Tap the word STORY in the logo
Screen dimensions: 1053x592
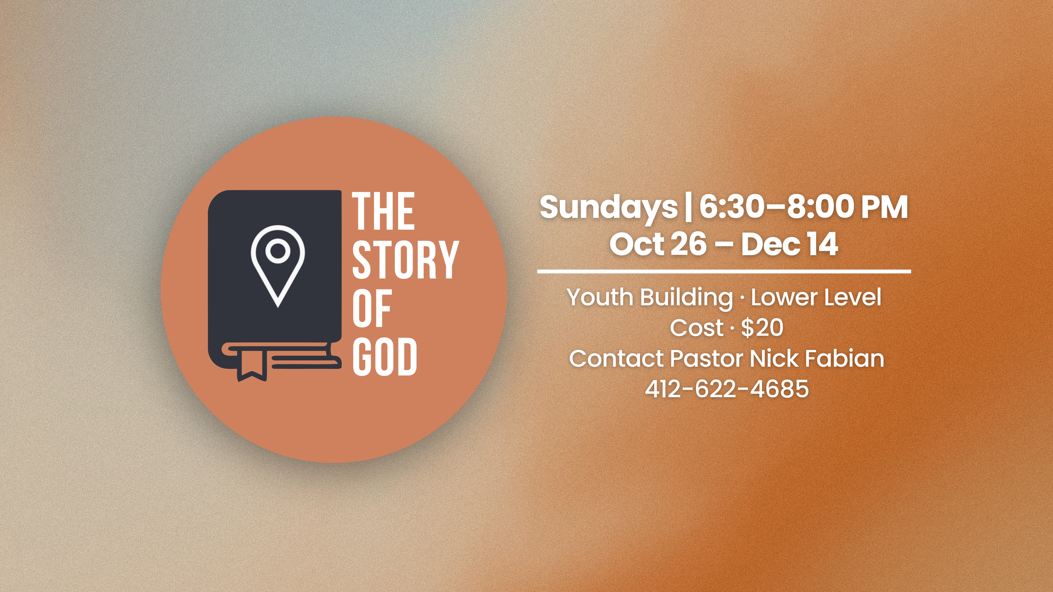[x=406, y=260]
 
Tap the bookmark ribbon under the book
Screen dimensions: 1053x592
[x=252, y=365]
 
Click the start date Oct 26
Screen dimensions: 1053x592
[x=658, y=244]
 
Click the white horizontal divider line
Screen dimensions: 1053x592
[x=724, y=271]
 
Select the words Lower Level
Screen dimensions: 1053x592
[x=816, y=297]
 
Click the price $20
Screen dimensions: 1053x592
[x=762, y=328]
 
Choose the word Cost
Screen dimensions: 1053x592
[x=697, y=328]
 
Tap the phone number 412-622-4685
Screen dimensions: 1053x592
[x=727, y=389]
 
